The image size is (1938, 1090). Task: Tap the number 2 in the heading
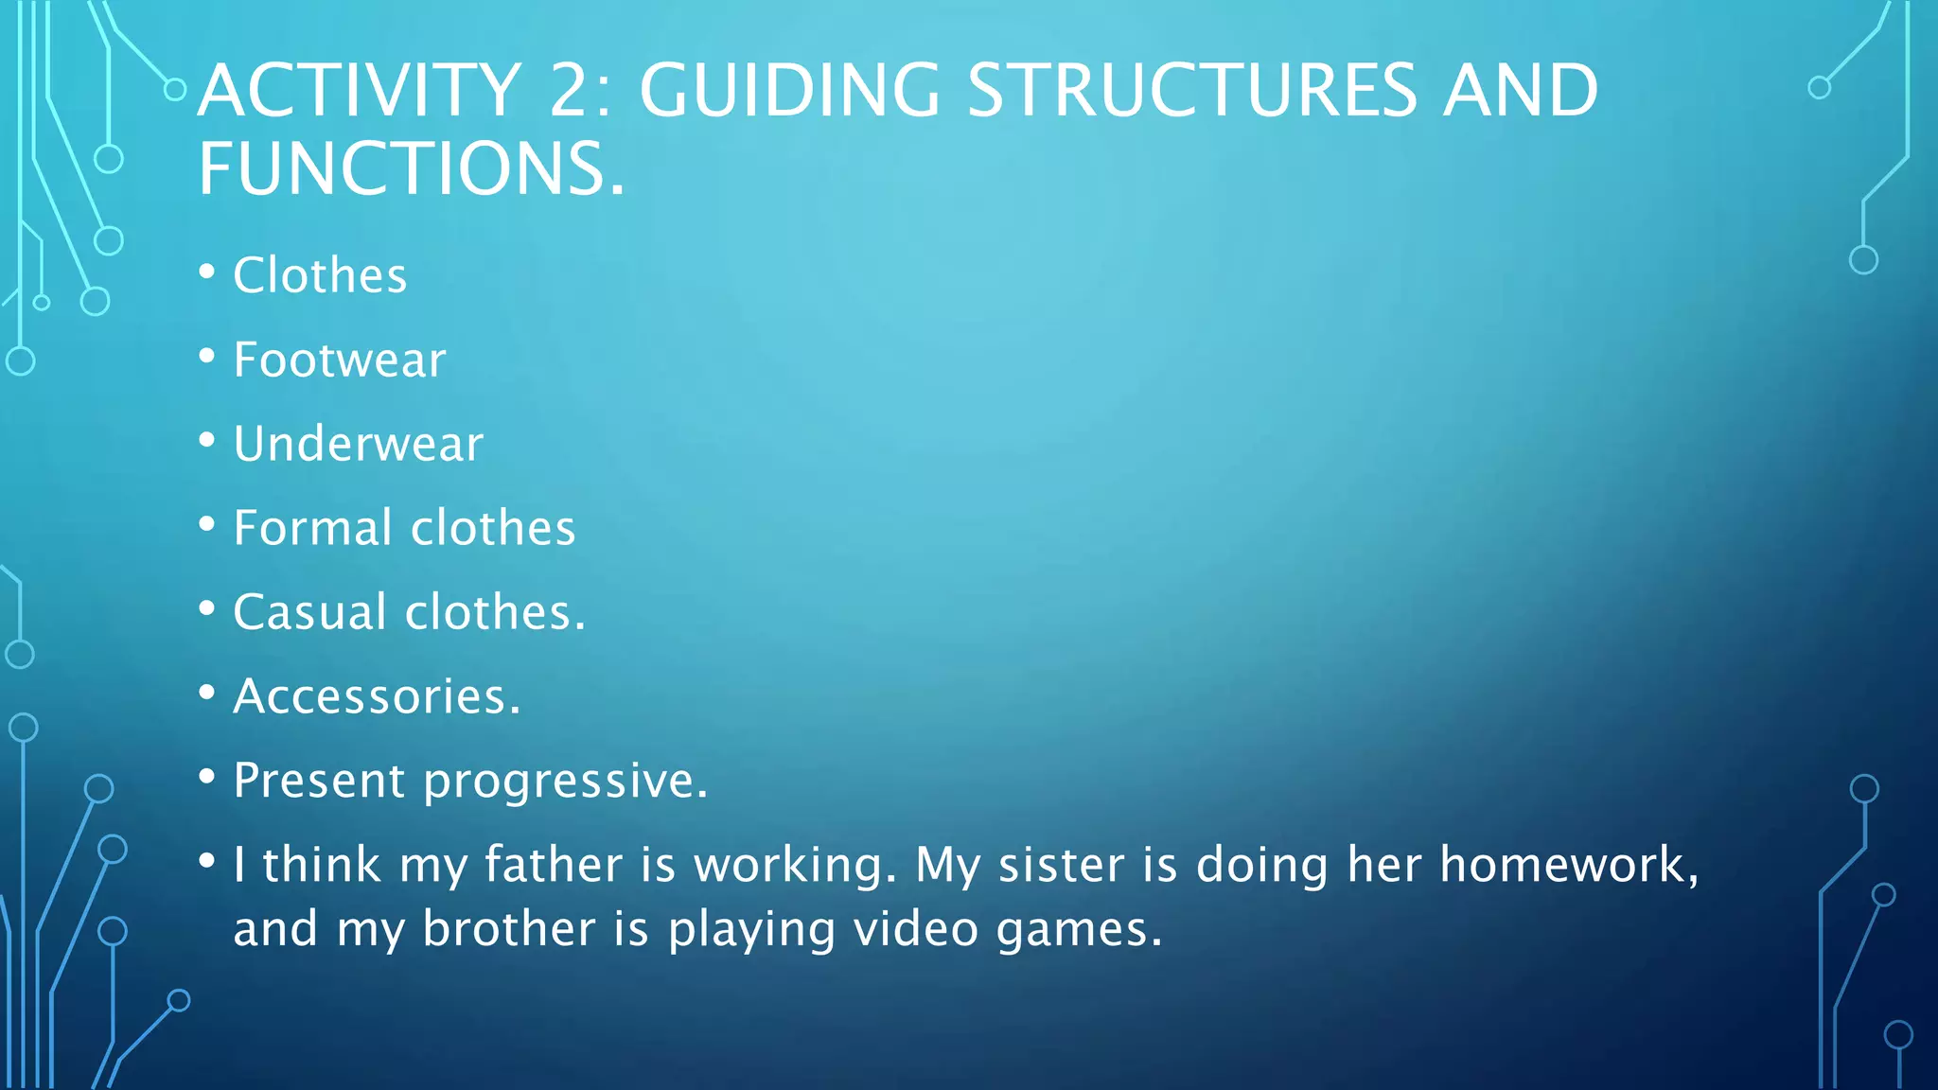[x=579, y=91]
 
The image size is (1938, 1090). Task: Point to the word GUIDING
[x=789, y=91]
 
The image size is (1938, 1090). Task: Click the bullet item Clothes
[x=320, y=275]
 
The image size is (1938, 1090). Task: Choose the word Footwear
[x=339, y=360]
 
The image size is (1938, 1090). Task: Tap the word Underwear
[x=358, y=444]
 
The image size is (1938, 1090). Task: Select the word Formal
[x=312, y=528]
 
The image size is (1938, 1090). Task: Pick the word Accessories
[x=376, y=696]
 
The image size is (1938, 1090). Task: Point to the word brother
[x=509, y=929]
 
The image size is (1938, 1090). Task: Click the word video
[x=915, y=929]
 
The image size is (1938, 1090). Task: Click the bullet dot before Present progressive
[x=207, y=777]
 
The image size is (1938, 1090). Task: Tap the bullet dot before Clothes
[x=207, y=272]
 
